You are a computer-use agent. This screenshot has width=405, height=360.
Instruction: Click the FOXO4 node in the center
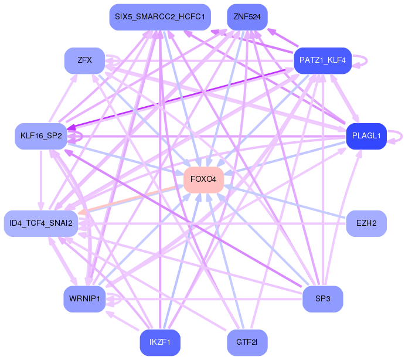tap(203, 179)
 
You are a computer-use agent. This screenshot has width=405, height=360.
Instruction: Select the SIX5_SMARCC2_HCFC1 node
tap(159, 17)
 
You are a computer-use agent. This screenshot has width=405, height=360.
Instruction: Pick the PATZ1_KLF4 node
tap(322, 60)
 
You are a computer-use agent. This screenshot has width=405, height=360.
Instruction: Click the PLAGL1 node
tap(366, 136)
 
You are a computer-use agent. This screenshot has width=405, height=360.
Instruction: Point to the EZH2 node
tap(366, 223)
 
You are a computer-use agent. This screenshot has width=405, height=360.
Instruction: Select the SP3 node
tap(322, 299)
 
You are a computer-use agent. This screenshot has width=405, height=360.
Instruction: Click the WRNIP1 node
tap(84, 299)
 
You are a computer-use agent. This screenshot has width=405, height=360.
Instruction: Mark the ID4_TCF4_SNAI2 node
tap(40, 223)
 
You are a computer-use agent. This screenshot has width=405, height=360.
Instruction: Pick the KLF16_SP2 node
tap(40, 136)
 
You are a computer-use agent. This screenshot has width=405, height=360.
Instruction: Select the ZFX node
tap(84, 60)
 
